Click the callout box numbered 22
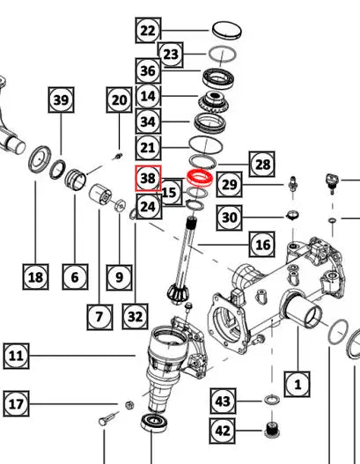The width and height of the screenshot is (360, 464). click(147, 31)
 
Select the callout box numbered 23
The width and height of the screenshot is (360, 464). click(170, 55)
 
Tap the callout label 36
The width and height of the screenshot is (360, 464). click(147, 72)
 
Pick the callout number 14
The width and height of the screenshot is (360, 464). click(147, 96)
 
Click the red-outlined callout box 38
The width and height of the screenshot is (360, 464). click(147, 179)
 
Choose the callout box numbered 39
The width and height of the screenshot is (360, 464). click(60, 100)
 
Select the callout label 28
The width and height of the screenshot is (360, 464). click(261, 164)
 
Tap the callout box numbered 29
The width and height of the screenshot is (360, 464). click(229, 184)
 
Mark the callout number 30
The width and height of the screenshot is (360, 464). click(229, 217)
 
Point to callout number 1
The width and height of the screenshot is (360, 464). click(298, 383)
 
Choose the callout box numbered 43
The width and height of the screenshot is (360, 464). click(223, 401)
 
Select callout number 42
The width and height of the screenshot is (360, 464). click(223, 431)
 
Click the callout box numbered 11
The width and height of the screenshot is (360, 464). click(16, 356)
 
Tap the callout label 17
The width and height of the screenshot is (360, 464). click(16, 406)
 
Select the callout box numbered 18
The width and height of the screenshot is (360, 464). click(34, 278)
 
